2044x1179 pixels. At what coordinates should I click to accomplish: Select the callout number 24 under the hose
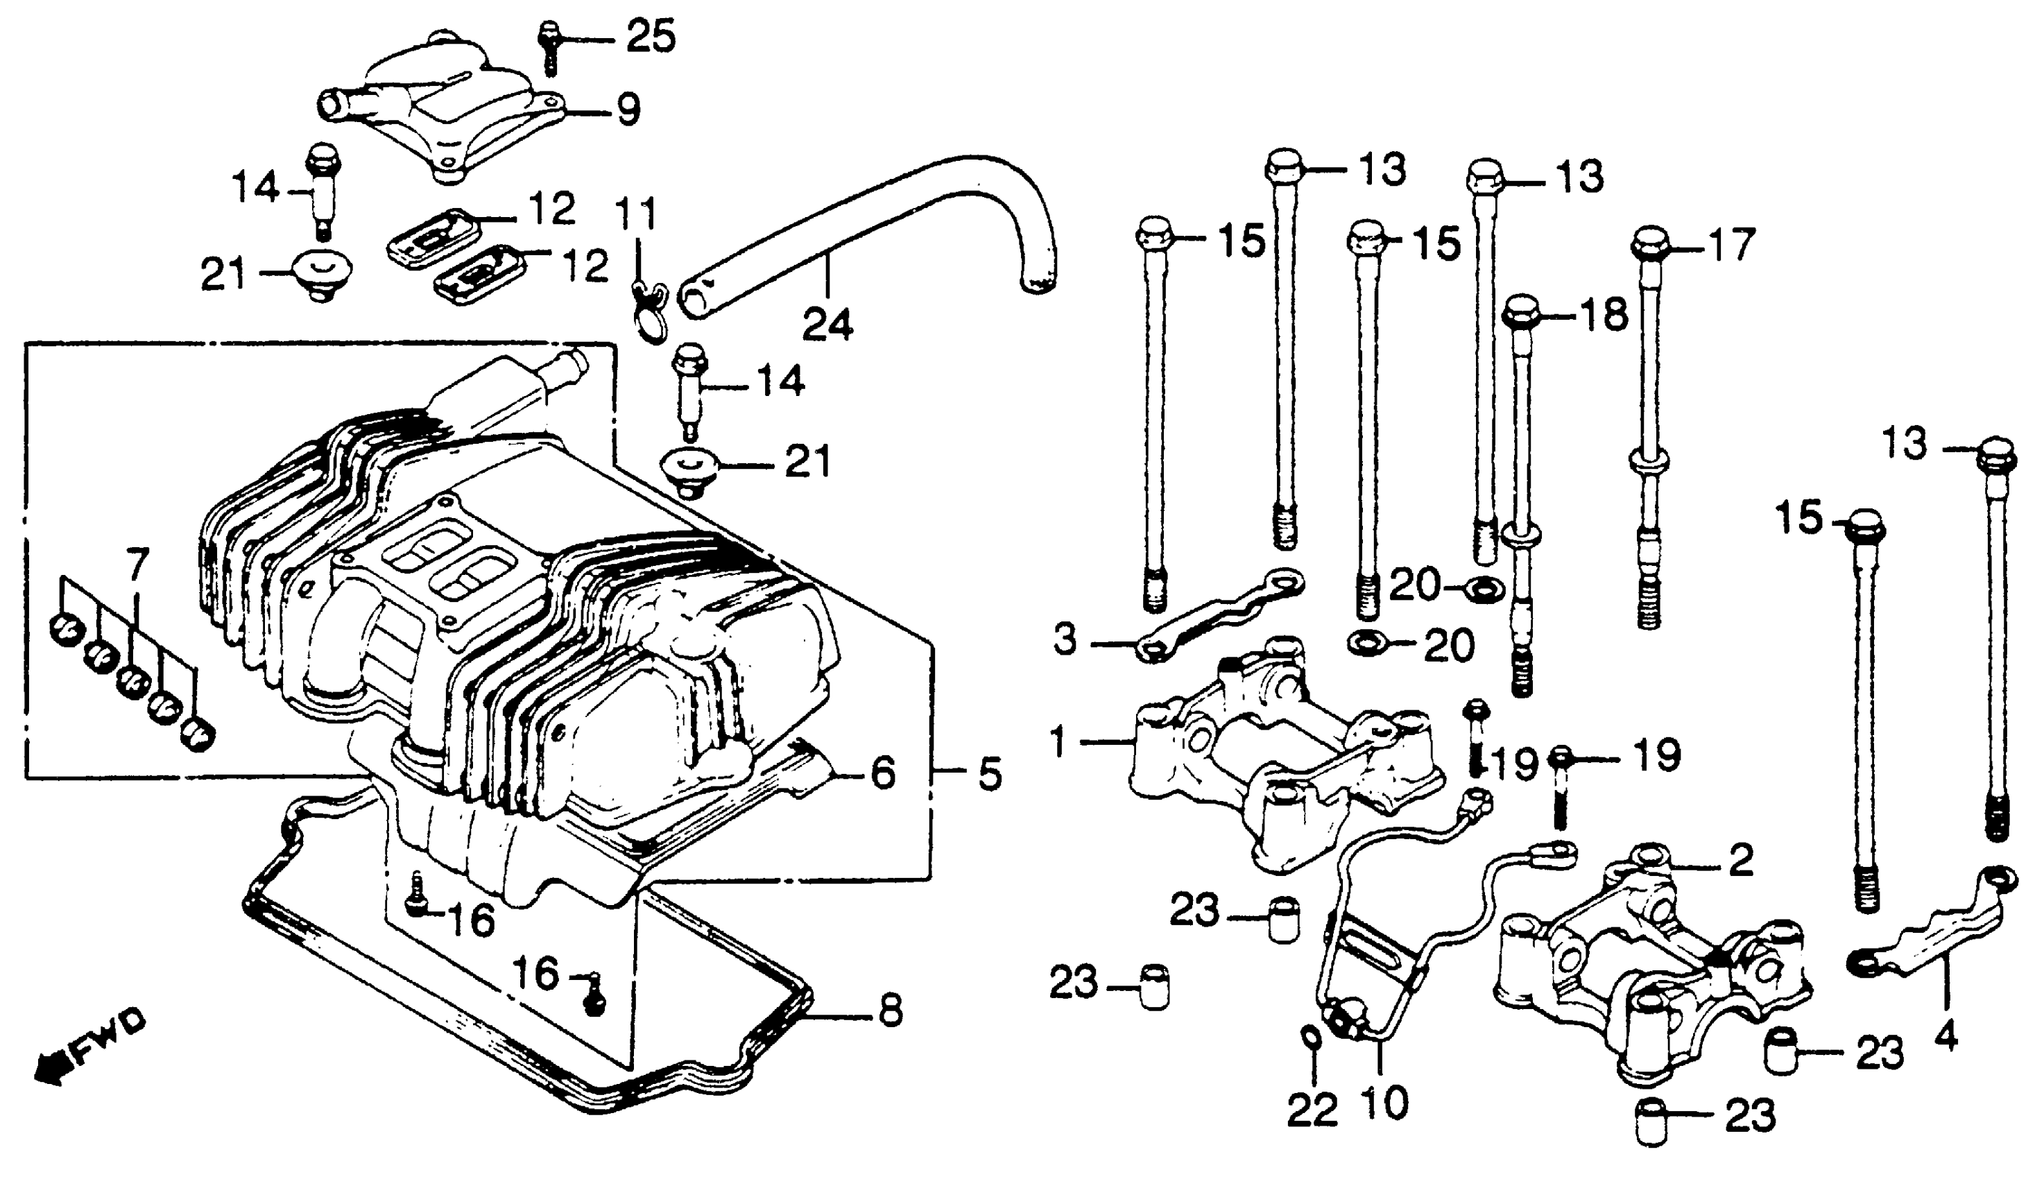(x=827, y=325)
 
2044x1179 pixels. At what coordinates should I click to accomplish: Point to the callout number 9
(x=628, y=110)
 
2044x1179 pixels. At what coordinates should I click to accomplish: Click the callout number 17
(x=1730, y=245)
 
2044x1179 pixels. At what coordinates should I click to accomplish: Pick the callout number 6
(x=883, y=773)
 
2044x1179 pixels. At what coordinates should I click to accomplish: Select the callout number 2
(x=1741, y=860)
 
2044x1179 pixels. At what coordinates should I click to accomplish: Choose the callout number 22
(x=1312, y=1111)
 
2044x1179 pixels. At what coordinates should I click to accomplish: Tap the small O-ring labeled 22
(x=1310, y=1037)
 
